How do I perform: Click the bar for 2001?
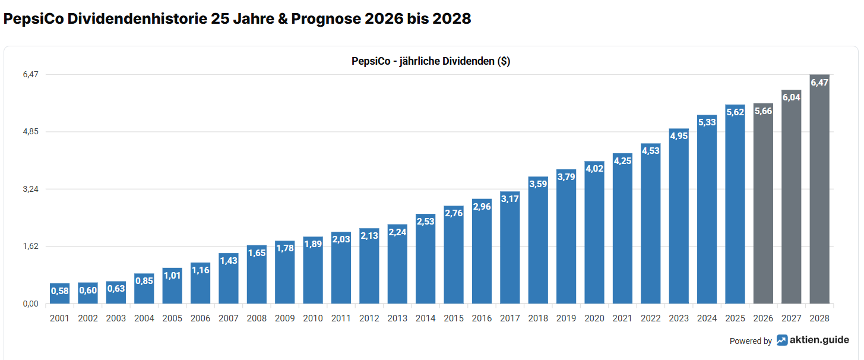point(59,293)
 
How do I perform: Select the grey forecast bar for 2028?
point(819,190)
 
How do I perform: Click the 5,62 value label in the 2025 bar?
point(735,112)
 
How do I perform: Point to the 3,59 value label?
point(538,184)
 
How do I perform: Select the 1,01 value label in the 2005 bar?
point(172,276)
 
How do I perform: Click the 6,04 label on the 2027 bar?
point(792,97)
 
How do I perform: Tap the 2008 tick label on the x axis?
point(257,318)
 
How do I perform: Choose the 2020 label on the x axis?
point(594,318)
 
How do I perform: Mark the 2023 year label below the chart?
point(679,318)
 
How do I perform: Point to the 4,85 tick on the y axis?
point(31,132)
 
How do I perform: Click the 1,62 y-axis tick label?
point(31,247)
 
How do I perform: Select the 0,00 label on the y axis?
point(31,304)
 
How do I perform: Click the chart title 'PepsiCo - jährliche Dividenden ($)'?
point(431,61)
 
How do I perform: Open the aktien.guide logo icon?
point(782,340)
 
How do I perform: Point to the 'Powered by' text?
point(751,341)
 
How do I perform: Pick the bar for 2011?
point(341,268)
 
